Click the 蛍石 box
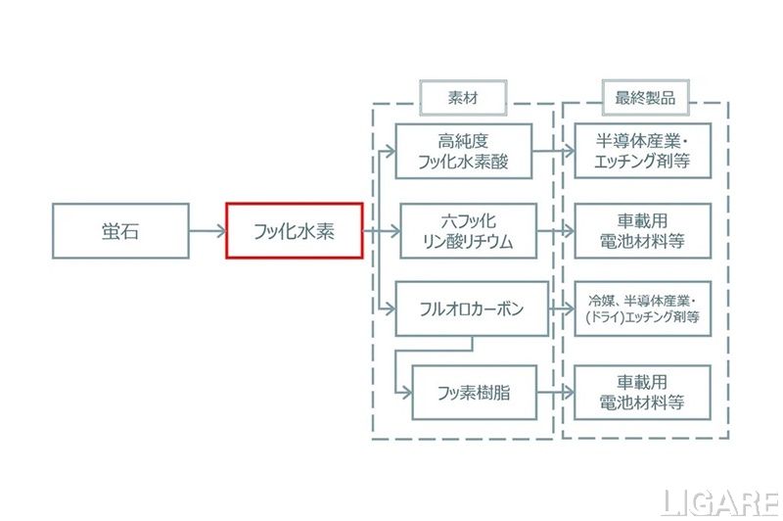point(120,231)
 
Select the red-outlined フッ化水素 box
point(295,231)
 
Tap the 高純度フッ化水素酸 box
point(464,150)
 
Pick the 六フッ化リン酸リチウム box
point(464,231)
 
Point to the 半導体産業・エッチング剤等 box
point(642,150)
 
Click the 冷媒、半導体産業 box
point(642,309)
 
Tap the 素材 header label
point(463,97)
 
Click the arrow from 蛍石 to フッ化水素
point(207,231)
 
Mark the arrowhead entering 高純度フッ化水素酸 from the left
point(391,151)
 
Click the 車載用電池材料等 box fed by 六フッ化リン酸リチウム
point(642,231)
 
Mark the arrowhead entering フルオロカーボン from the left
point(391,309)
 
